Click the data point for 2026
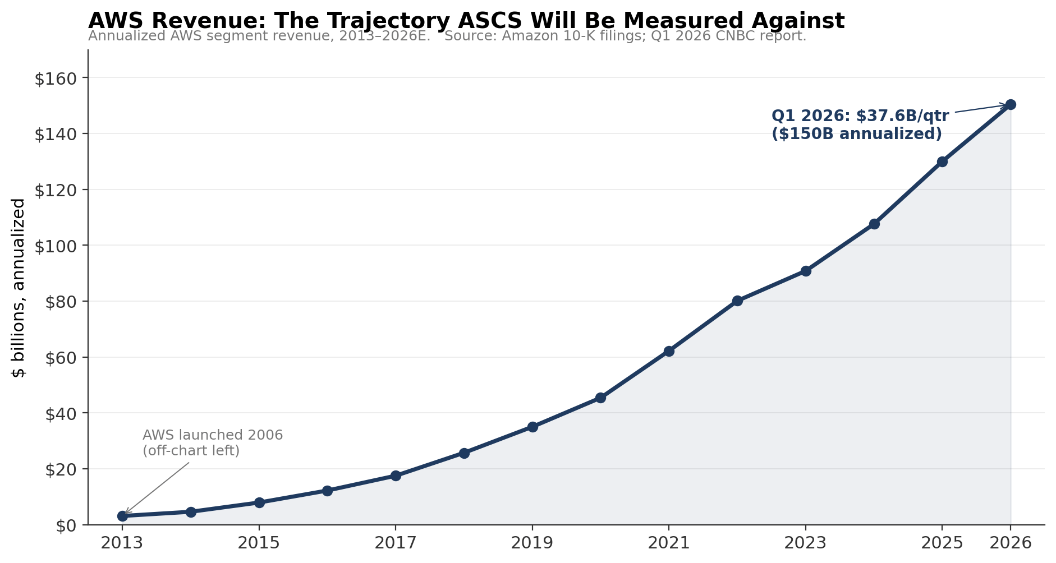1011,104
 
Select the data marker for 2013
122,516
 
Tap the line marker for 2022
737,301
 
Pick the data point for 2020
600,398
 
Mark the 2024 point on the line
874,224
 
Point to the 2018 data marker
464,453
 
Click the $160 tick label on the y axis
55,79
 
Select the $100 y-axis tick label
55,246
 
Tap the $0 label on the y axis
65,525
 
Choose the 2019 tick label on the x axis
532,543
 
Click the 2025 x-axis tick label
942,543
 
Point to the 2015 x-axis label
259,543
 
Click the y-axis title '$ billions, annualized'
19,288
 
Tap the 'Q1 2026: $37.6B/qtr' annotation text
860,116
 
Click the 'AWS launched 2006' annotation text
213,435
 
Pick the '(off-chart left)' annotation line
191,451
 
